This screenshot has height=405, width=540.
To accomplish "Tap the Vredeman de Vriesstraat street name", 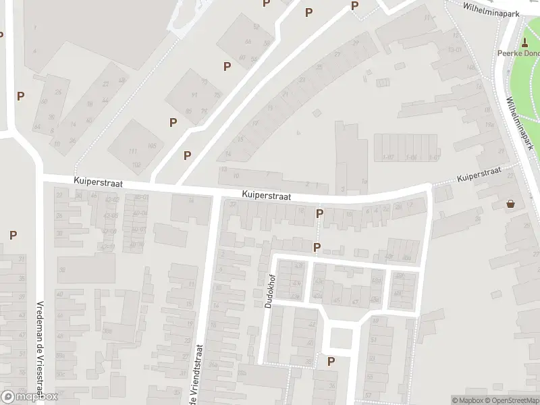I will click(x=40, y=352).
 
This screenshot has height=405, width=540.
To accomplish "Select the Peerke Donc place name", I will click(x=518, y=54).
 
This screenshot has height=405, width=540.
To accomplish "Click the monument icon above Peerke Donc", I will click(x=524, y=42).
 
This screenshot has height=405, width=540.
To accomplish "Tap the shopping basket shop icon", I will click(x=511, y=203).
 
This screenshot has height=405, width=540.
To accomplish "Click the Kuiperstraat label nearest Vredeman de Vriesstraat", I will click(x=95, y=182).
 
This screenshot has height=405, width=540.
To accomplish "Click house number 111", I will click(x=133, y=151).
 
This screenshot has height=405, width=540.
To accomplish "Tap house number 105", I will click(x=153, y=146).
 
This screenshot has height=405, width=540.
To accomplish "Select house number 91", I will click(x=194, y=94).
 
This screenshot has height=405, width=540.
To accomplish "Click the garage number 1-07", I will click(x=387, y=157).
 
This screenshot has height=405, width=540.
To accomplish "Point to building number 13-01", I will click(x=454, y=49).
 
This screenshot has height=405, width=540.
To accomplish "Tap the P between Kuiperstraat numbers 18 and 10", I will click(x=319, y=213).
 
